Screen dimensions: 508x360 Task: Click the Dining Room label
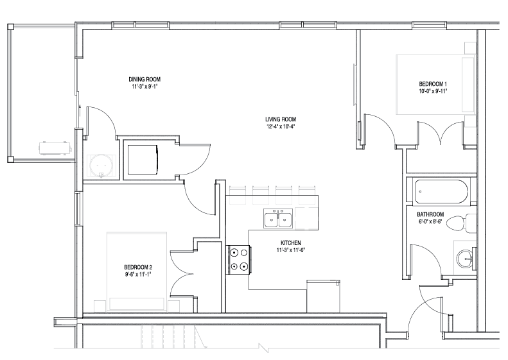(145, 80)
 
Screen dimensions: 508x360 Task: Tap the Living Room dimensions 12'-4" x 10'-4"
(281, 126)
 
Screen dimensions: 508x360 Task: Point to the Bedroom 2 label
(138, 268)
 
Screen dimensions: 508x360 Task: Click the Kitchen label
(291, 243)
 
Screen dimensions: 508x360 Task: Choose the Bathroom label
(430, 214)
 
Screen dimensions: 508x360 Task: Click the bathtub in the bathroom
(441, 191)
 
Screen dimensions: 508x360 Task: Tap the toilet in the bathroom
(461, 223)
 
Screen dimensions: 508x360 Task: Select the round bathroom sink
(466, 259)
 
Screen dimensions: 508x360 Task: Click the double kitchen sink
(278, 219)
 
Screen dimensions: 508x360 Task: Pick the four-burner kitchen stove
(238, 260)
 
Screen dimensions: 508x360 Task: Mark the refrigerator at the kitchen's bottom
(323, 296)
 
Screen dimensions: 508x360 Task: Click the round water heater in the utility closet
(101, 166)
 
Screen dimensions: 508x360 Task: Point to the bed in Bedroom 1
(436, 85)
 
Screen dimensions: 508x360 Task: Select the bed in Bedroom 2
(137, 272)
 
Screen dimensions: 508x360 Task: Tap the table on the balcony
(55, 148)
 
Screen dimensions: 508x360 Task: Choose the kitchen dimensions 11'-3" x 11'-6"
(291, 250)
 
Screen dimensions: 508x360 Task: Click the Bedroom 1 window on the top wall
(429, 25)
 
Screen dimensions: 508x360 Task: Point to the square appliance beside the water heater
(143, 160)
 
